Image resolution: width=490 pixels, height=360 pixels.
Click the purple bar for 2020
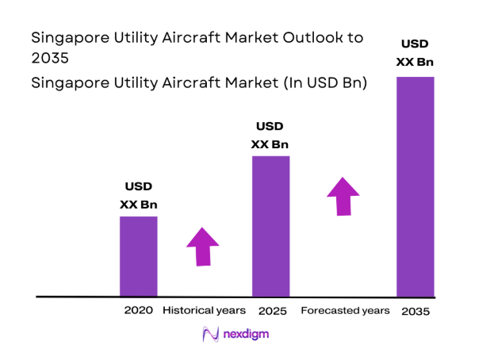pyautogui.click(x=138, y=256)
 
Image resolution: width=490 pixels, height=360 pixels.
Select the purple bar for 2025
pyautogui.click(x=270, y=226)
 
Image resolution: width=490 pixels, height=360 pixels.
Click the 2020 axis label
pyautogui.click(x=138, y=310)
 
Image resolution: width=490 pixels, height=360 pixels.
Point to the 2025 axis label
pyautogui.click(x=270, y=310)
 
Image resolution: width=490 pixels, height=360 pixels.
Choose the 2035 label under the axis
pyautogui.click(x=415, y=311)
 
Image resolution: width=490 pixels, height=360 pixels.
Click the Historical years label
pyautogui.click(x=204, y=310)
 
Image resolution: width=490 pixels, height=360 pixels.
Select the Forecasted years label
pyautogui.click(x=345, y=310)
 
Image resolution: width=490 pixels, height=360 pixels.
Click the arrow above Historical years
pyautogui.click(x=203, y=246)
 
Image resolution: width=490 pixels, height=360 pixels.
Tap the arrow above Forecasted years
pyautogui.click(x=343, y=196)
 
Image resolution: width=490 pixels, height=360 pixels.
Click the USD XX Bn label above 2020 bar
pyautogui.click(x=138, y=196)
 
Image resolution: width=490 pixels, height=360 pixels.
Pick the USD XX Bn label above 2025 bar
pyautogui.click(x=270, y=136)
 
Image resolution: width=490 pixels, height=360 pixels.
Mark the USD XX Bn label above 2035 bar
pyautogui.click(x=415, y=52)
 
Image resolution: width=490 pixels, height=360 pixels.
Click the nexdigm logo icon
pyautogui.click(x=211, y=335)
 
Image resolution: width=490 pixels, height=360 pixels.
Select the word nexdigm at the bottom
pyautogui.click(x=246, y=335)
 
